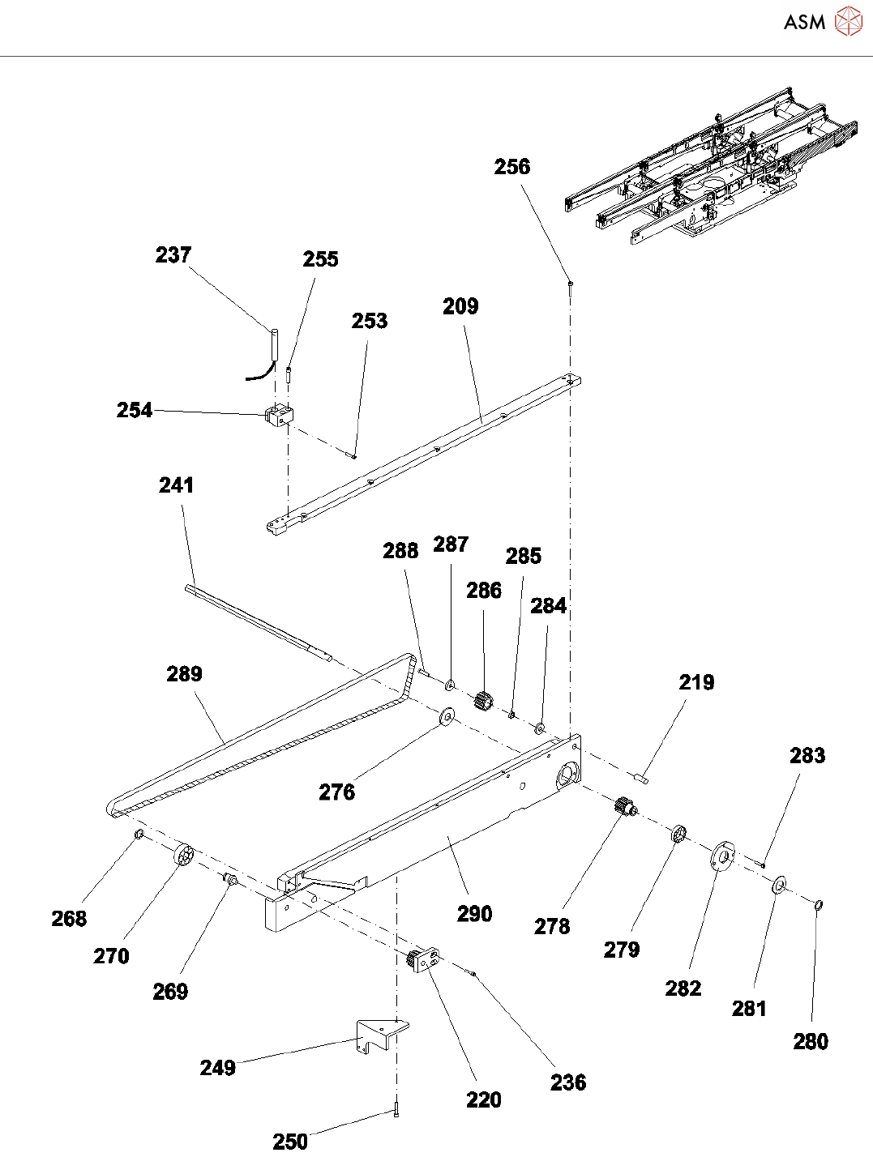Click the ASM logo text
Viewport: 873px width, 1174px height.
[x=804, y=22]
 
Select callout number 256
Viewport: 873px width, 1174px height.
[x=511, y=167]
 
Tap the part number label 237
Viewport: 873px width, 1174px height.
[x=173, y=254]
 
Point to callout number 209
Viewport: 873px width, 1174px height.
[x=460, y=306]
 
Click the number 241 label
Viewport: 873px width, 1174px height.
[x=177, y=485]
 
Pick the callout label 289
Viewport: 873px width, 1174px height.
[x=184, y=674]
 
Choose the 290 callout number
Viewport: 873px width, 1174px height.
[x=475, y=914]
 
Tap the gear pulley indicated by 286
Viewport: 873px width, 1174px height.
[x=483, y=702]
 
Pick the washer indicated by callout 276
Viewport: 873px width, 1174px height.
[x=447, y=717]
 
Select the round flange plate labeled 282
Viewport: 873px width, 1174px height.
[x=722, y=855]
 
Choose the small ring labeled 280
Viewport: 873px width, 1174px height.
[x=819, y=904]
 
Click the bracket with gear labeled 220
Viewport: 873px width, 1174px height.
[x=423, y=959]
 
